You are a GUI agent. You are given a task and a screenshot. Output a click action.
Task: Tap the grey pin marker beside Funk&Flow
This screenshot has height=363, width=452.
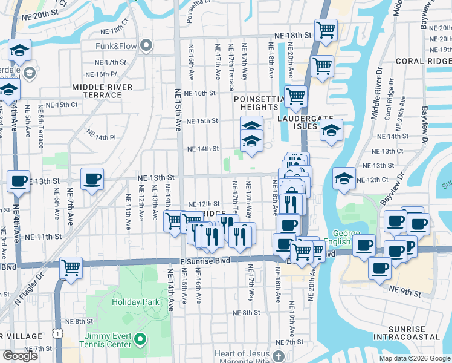(146, 45)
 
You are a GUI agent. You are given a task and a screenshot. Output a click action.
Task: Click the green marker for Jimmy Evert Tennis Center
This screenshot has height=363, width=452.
(141, 339)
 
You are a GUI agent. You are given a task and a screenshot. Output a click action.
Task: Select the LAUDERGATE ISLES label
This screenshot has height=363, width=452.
(298, 122)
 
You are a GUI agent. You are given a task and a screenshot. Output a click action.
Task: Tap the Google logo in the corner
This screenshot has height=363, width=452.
(20, 356)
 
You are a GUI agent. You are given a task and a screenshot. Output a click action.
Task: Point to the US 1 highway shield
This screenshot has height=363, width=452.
(56, 333)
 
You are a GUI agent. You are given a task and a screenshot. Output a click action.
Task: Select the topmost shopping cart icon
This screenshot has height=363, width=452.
(326, 30)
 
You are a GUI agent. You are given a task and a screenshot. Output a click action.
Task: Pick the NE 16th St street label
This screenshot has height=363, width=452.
(201, 93)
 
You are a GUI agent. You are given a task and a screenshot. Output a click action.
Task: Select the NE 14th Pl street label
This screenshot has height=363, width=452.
(100, 134)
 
